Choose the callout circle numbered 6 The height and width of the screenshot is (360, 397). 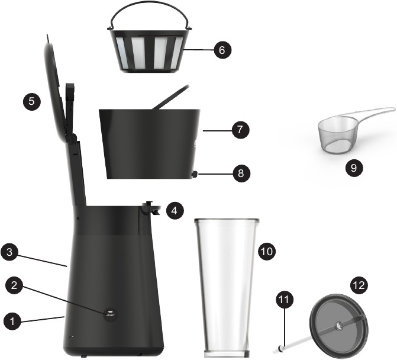pyautogui.click(x=221, y=50)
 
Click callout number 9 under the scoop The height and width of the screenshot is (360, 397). pyautogui.click(x=354, y=168)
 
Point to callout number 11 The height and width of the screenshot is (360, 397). pyautogui.click(x=284, y=300)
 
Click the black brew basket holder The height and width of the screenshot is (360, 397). pyautogui.click(x=148, y=142)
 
